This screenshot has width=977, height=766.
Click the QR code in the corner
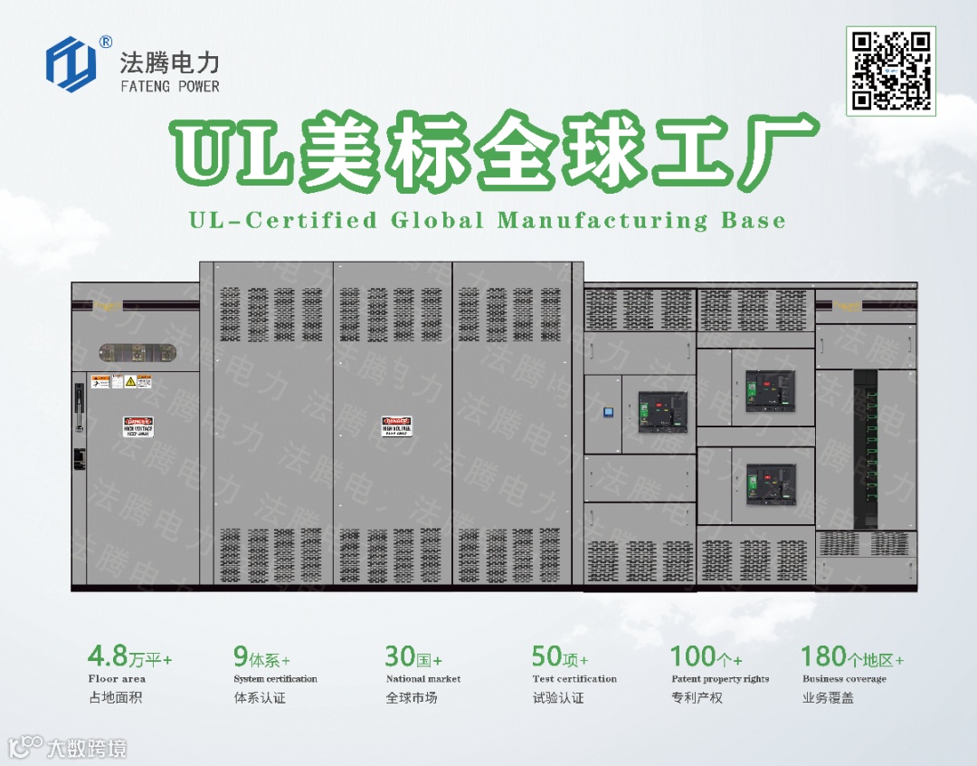pos(891,71)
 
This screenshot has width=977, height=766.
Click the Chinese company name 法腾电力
pos(169,62)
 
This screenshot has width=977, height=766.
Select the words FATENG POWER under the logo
pos(169,87)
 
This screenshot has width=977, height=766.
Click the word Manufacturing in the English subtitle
pos(603,220)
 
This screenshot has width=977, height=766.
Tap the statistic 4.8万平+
pos(129,656)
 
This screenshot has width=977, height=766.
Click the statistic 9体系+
pos(261,656)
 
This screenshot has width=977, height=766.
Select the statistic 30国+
pos(413,656)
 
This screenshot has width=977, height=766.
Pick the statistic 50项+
pos(560,656)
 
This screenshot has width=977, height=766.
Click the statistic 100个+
pos(707,656)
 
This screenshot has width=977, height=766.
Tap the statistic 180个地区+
pos(852,656)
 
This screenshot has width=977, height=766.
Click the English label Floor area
pos(117,679)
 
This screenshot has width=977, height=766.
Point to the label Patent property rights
pos(720,679)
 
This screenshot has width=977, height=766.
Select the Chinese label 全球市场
pos(412,698)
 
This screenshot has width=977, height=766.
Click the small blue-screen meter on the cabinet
pos(609,413)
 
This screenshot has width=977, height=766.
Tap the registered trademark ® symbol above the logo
pos(106,42)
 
